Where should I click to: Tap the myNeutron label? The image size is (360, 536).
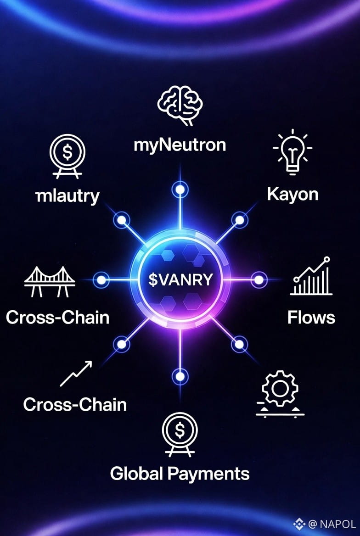(x=180, y=145)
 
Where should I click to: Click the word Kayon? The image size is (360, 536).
(x=292, y=194)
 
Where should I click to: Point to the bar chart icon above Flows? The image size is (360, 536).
(x=311, y=276)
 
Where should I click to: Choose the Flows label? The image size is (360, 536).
(x=311, y=317)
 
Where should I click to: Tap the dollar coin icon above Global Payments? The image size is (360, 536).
(x=180, y=431)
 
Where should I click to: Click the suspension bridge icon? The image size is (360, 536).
(x=49, y=282)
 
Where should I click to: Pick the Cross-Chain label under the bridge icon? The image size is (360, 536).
(x=58, y=317)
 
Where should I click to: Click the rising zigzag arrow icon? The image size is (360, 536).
(x=76, y=373)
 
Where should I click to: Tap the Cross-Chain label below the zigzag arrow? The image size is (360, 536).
(x=75, y=405)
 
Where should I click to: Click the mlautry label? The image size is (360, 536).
(x=67, y=196)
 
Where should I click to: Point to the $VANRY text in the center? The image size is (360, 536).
(x=180, y=279)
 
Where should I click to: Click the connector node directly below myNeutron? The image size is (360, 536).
(x=180, y=189)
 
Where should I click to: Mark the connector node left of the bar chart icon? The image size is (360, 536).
(x=259, y=279)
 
